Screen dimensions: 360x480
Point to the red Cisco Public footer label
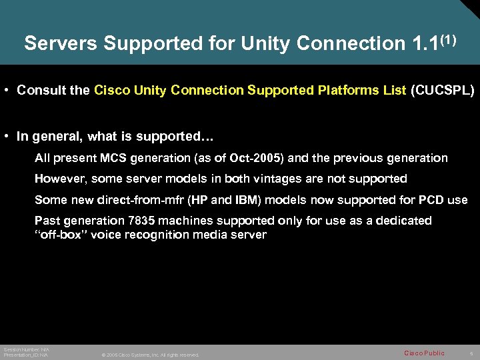[x=424, y=353]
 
